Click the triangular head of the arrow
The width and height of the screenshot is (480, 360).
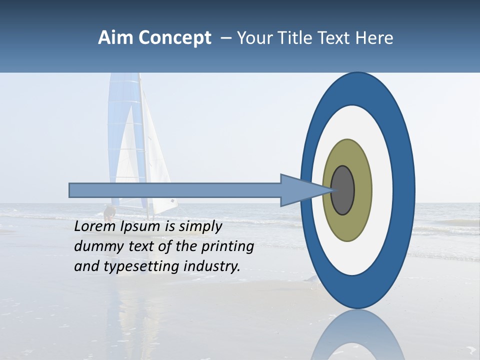click(300, 190)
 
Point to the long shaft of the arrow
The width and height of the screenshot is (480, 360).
click(175, 190)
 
